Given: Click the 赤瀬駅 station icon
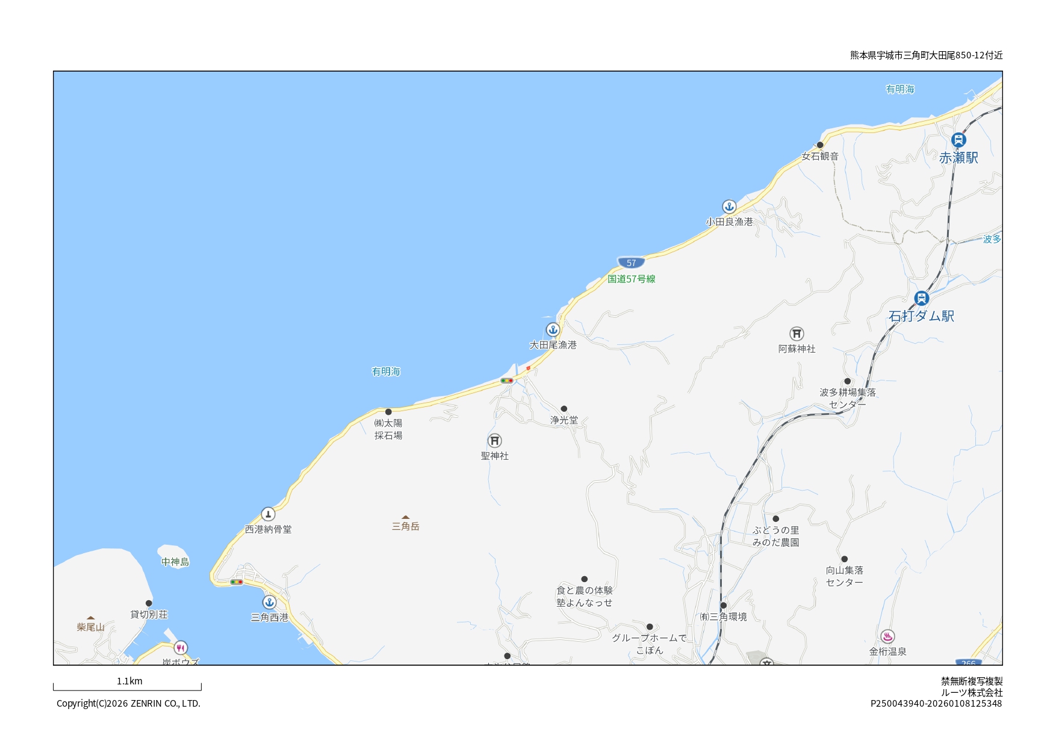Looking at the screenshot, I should tap(958, 140).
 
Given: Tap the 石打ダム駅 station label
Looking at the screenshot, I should tap(921, 316).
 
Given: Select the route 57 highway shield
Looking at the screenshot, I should tap(631, 262).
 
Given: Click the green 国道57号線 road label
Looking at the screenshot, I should tap(631, 279).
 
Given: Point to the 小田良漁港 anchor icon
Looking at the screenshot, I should tap(729, 207).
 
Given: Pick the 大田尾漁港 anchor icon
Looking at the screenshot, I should tap(553, 330).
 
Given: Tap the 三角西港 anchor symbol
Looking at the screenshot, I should tap(269, 602).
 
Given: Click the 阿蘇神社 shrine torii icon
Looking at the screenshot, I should tap(797, 333).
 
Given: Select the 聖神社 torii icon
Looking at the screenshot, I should tap(494, 441).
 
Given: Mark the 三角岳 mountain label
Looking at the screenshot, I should tap(405, 526).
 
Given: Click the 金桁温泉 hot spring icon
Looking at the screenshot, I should tap(887, 636).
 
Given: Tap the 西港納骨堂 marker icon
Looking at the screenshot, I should tap(268, 514).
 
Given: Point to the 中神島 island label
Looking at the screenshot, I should tap(175, 562).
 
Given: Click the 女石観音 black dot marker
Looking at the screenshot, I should tap(820, 145).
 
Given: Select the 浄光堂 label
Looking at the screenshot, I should tap(564, 420).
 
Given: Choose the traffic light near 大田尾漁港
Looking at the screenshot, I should tap(507, 380).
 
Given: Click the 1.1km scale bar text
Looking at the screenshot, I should tap(129, 681).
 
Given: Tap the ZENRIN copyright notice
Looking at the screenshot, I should tap(128, 703).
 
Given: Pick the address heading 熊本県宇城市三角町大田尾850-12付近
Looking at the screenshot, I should tap(926, 55).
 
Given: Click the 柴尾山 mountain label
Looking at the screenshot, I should tap(91, 627).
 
